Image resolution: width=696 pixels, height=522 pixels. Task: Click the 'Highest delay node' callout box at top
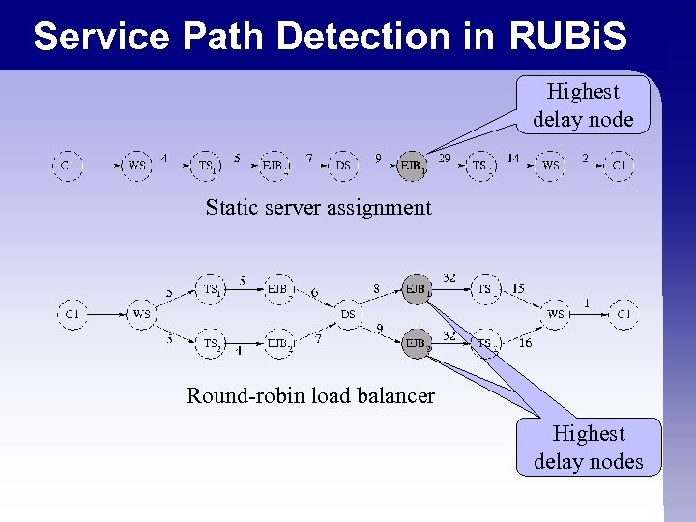[x=583, y=105]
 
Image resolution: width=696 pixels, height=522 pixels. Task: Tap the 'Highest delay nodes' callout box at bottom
[x=588, y=448]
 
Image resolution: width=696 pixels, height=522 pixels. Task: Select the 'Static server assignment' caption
[x=318, y=207]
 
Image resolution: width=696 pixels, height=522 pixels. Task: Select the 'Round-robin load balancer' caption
[x=310, y=395]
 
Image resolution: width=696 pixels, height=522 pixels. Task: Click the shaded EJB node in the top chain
[x=413, y=166]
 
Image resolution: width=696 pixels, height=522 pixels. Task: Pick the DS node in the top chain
[x=343, y=166]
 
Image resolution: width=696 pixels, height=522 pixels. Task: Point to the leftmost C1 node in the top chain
[x=68, y=166]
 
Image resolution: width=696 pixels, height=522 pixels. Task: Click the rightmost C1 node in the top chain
[x=620, y=166]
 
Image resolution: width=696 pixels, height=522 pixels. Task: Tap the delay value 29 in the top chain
[x=445, y=158]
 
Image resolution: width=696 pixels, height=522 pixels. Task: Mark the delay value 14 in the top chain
[x=513, y=158]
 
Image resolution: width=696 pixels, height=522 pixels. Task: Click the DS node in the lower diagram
[x=348, y=314]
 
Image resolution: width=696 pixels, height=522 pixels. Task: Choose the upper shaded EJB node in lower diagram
[x=416, y=288]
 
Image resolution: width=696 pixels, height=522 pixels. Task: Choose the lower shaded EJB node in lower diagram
[x=416, y=342]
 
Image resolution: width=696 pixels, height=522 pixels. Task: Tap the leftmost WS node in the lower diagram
[x=141, y=314]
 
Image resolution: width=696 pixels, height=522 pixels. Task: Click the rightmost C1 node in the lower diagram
[x=623, y=314]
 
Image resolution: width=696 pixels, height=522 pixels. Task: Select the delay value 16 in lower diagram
[x=525, y=342]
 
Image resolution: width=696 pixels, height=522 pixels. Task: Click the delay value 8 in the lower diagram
[x=376, y=287]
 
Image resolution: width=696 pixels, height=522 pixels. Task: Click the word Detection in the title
[x=362, y=37]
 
